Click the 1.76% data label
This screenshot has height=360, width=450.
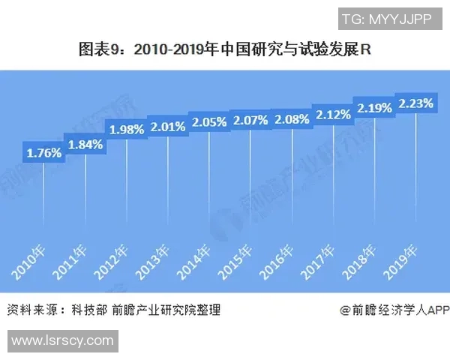pyautogui.click(x=43, y=153)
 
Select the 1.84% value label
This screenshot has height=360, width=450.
pyautogui.click(x=85, y=145)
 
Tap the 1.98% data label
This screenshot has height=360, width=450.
pyautogui.click(x=127, y=129)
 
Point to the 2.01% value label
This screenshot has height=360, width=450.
pyautogui.click(x=167, y=126)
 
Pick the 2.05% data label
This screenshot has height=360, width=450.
pyautogui.click(x=209, y=121)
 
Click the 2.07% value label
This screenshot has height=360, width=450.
pyautogui.click(x=250, y=119)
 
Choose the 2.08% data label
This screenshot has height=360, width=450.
pyautogui.click(x=292, y=118)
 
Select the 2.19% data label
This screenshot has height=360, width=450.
pyautogui.click(x=374, y=107)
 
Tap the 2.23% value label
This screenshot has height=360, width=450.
pyautogui.click(x=415, y=103)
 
